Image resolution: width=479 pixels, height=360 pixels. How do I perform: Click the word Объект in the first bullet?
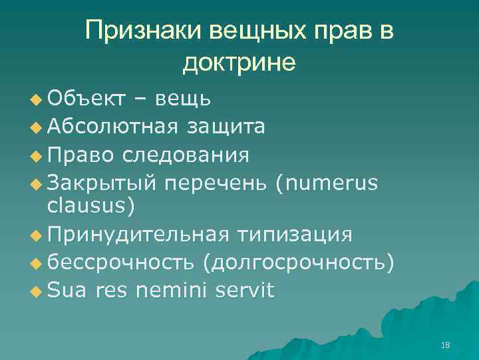(86, 99)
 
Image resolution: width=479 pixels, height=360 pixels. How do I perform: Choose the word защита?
(226, 127)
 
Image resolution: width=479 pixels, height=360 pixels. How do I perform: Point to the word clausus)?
(91, 206)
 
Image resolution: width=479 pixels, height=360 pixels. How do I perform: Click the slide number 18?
(446, 345)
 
